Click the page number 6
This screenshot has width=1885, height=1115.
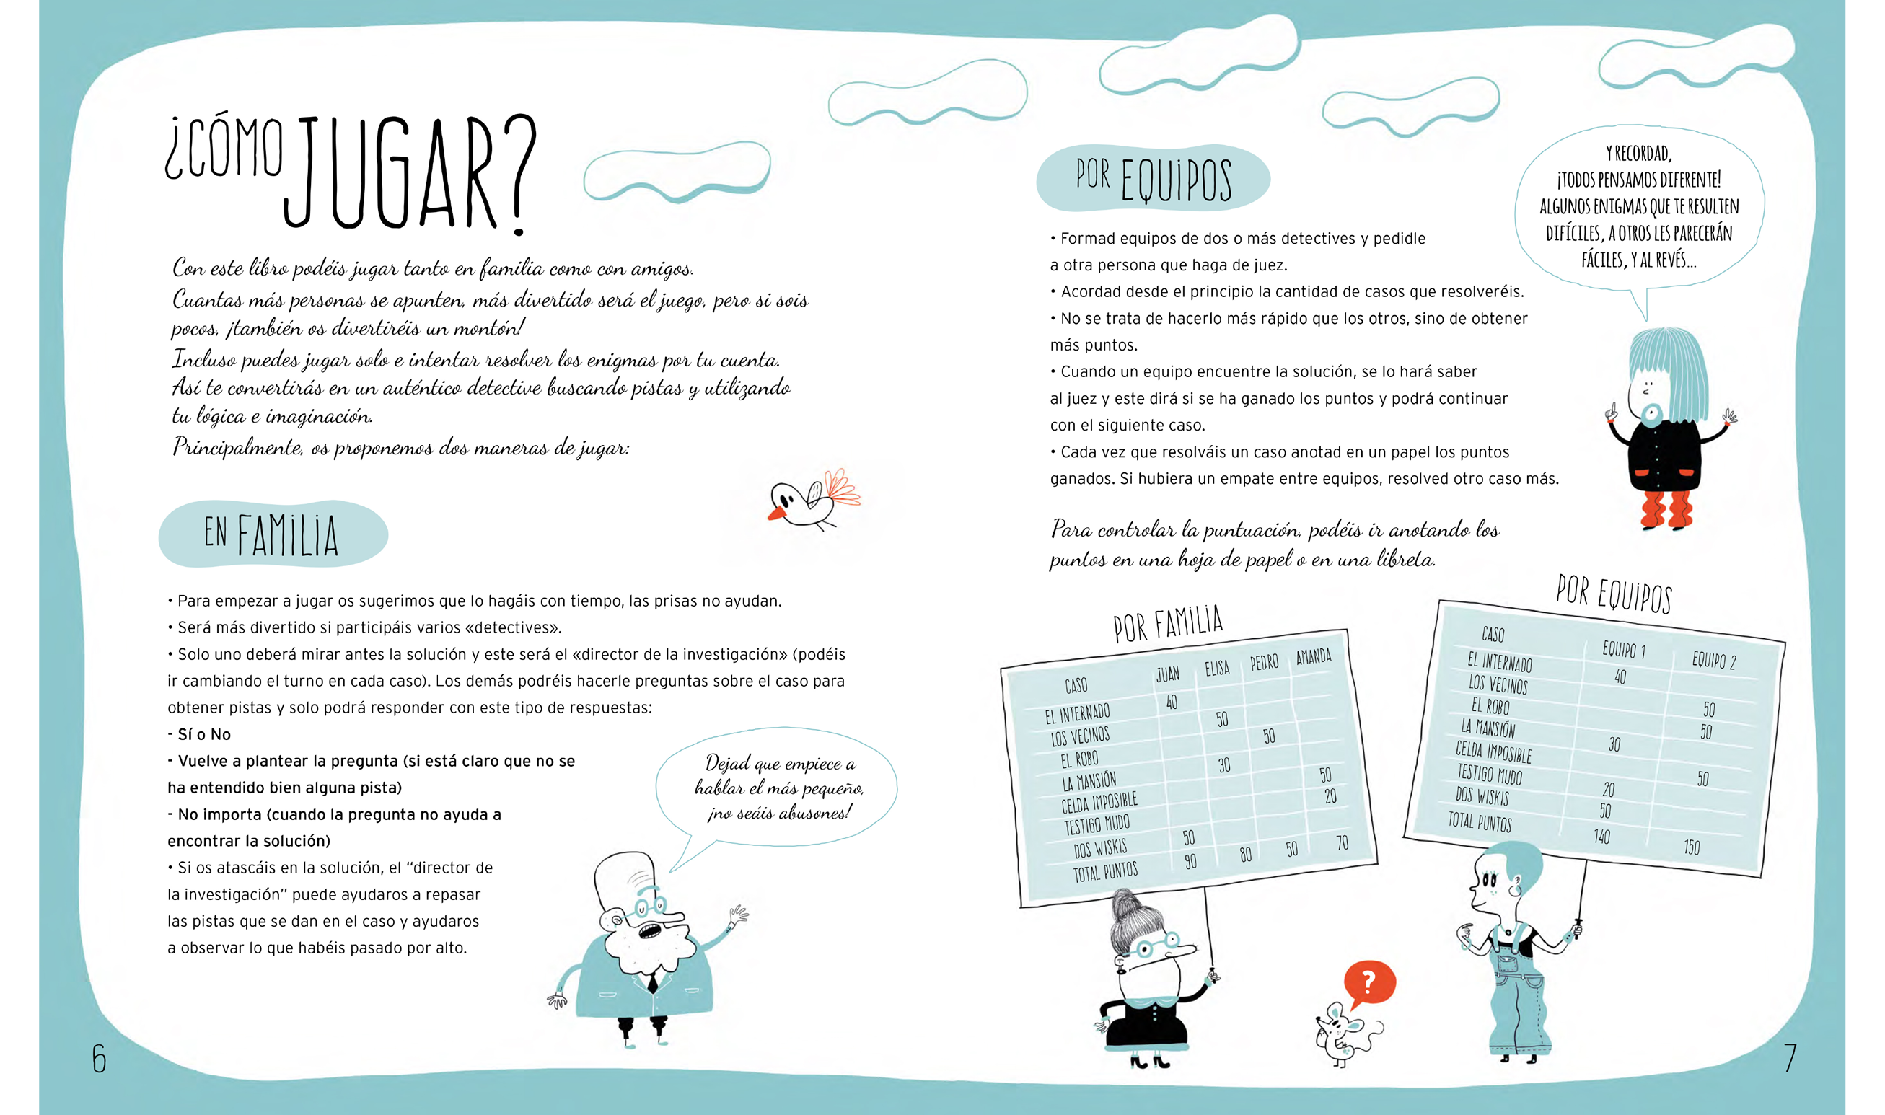(x=99, y=1059)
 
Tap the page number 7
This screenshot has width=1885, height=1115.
(x=1790, y=1058)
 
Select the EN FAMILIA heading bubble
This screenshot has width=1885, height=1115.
(x=272, y=534)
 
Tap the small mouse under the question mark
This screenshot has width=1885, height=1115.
(x=1342, y=1038)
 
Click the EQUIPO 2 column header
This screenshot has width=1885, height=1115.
(x=1714, y=661)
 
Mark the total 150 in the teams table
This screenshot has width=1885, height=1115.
(x=1691, y=847)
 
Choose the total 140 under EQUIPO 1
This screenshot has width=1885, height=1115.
(x=1601, y=837)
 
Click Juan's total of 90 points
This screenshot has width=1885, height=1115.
(x=1191, y=862)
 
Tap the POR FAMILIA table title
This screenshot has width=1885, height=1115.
(x=1168, y=624)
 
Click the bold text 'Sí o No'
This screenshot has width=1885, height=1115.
(x=203, y=734)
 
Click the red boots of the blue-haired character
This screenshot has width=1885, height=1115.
(x=1666, y=510)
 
